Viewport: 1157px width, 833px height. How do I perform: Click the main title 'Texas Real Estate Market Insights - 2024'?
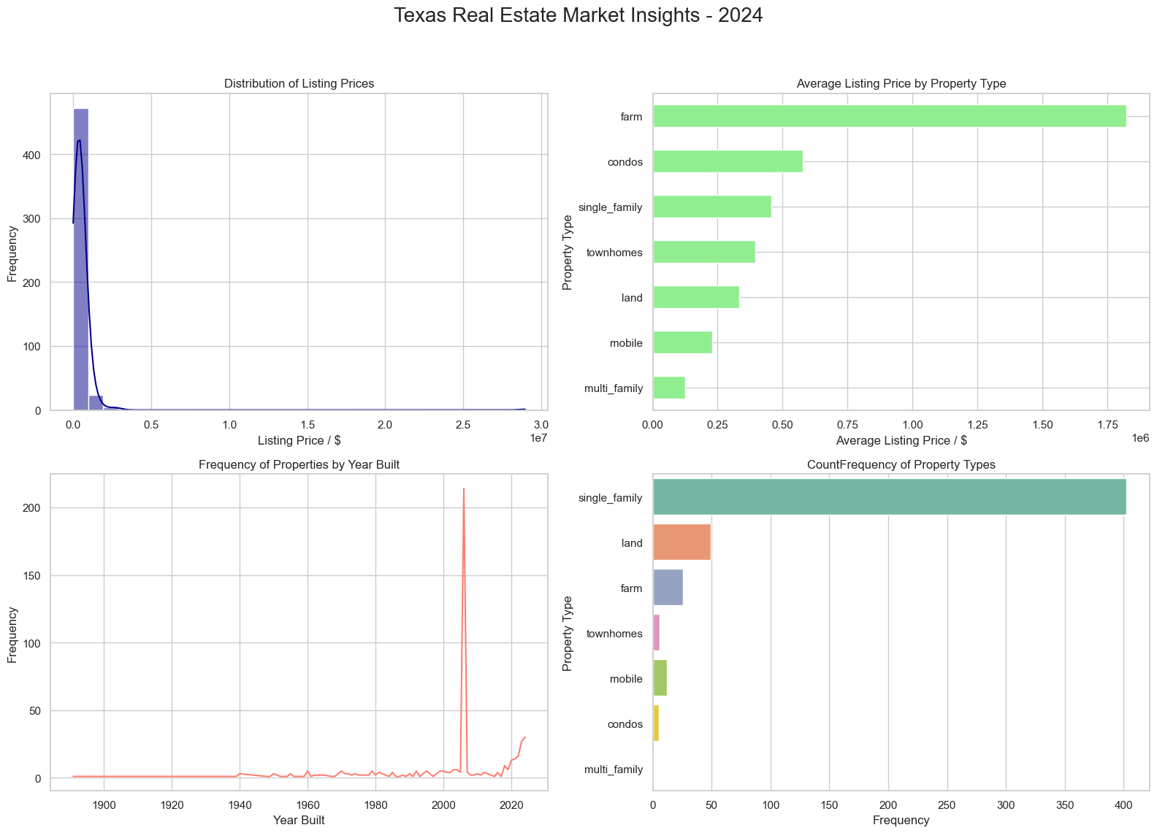[x=578, y=16]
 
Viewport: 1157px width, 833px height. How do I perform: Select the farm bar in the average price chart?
[x=889, y=116]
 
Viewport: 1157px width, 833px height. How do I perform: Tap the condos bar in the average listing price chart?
[x=728, y=161]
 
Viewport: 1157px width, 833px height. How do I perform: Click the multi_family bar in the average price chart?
[x=668, y=388]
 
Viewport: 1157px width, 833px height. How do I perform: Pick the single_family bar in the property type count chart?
[x=889, y=497]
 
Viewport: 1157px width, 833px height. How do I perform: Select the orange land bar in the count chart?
[x=681, y=542]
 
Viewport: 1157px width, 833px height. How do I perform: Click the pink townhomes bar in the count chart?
[x=656, y=633]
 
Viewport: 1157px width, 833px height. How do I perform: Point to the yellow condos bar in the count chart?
[x=656, y=723]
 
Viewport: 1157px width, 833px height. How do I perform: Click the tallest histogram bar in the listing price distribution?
[x=80, y=259]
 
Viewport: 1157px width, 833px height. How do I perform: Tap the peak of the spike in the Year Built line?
[x=464, y=489]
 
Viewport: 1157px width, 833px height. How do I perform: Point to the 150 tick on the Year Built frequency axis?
[x=31, y=575]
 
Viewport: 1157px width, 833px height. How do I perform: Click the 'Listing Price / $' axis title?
[x=299, y=440]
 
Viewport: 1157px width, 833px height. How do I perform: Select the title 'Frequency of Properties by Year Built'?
[x=299, y=464]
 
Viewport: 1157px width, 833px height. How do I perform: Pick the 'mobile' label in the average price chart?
[x=626, y=342]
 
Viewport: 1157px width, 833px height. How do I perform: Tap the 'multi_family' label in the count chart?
[x=614, y=769]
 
